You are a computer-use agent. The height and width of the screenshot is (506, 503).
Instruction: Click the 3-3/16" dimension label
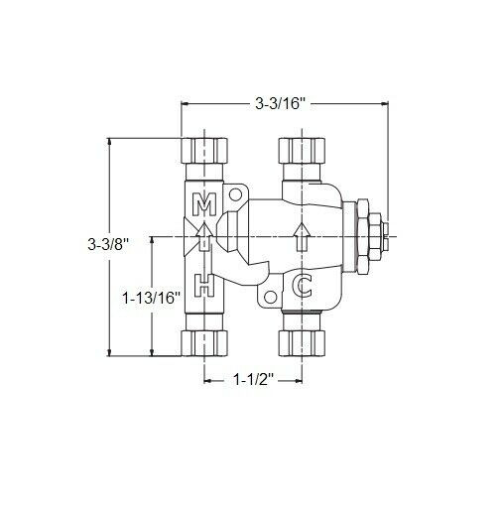click(283, 101)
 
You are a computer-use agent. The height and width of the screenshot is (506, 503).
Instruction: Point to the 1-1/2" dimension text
click(252, 379)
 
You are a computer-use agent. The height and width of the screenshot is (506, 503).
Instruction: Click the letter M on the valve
click(203, 205)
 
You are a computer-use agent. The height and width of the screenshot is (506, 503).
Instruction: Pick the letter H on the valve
click(203, 286)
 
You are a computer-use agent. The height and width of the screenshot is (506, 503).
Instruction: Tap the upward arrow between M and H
click(203, 238)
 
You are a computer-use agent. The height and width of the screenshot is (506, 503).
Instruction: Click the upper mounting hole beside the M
click(236, 195)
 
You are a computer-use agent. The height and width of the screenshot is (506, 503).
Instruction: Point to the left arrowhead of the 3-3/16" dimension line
click(185, 101)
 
